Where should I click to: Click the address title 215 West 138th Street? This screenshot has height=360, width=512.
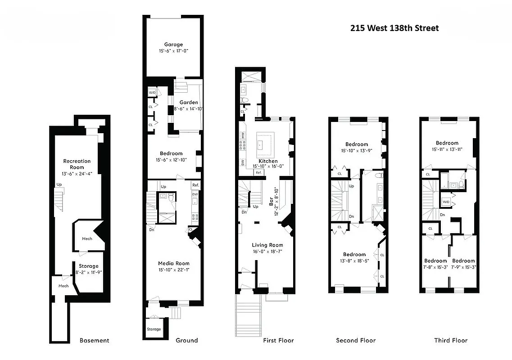[394, 28]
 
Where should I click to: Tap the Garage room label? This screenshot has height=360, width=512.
[173, 44]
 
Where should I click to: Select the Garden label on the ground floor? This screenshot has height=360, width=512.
[188, 102]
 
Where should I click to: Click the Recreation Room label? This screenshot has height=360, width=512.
[77, 164]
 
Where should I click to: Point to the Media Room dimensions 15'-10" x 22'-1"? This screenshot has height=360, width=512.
[173, 270]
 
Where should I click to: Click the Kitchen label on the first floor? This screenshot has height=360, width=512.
[268, 161]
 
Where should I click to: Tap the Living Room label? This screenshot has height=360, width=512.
[267, 245]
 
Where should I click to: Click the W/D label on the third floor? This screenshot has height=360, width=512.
[446, 202]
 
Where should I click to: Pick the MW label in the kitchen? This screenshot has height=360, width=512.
[242, 134]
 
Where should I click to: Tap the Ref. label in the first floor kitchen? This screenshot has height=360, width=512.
[258, 172]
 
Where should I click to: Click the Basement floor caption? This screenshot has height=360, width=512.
[94, 340]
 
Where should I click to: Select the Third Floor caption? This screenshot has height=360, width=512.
[450, 340]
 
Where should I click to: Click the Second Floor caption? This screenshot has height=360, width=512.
[356, 340]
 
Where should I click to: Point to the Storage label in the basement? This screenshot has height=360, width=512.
[88, 266]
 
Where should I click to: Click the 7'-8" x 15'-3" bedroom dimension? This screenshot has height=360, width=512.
[435, 267]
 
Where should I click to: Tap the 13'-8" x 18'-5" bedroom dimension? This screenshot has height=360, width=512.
[354, 261]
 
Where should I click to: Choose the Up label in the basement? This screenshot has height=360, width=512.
[59, 184]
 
